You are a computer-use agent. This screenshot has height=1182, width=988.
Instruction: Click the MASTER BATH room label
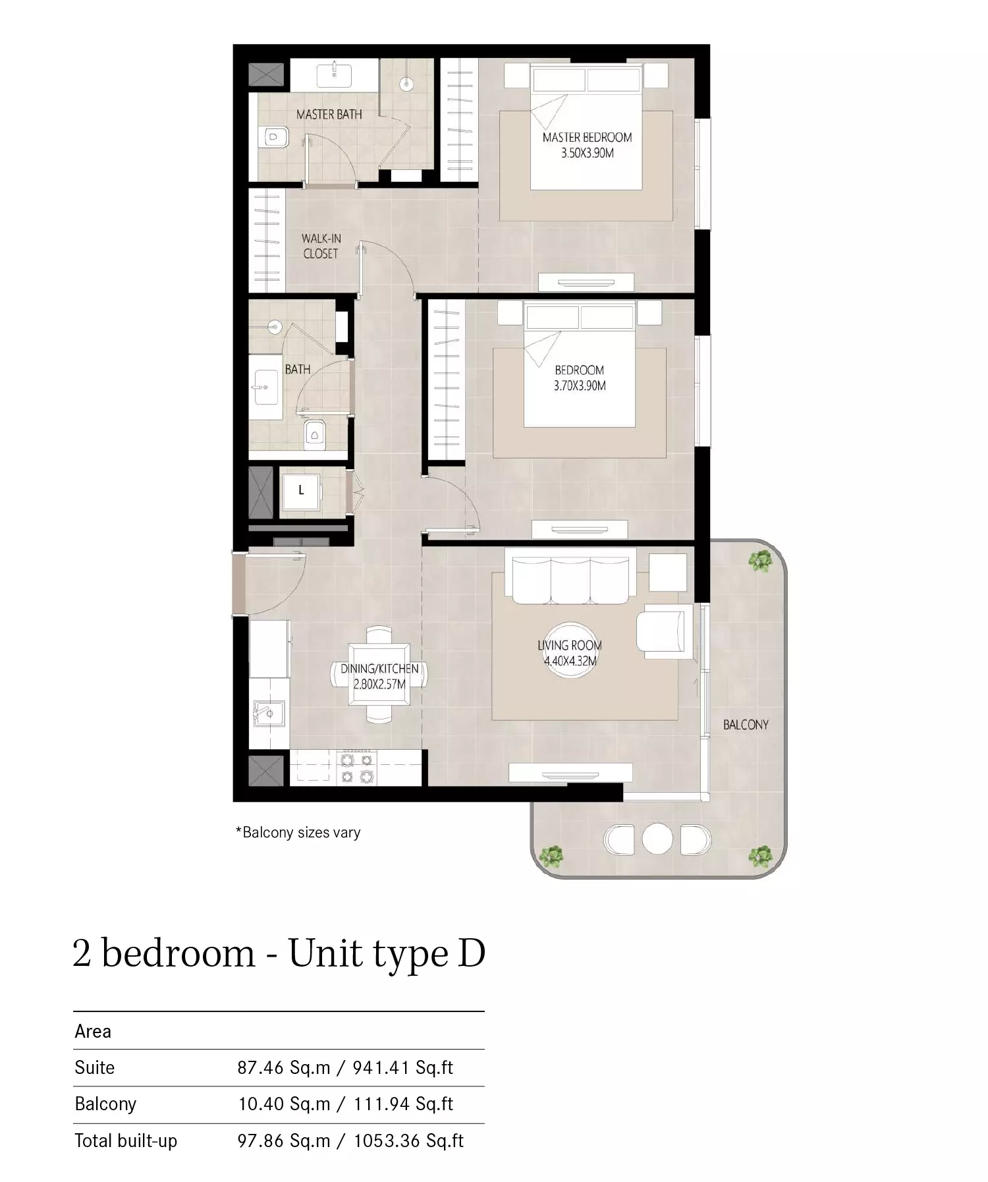[x=329, y=115]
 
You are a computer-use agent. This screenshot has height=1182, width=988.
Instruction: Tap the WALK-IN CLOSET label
[x=321, y=246]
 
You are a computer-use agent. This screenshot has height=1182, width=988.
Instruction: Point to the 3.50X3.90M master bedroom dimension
[x=588, y=153]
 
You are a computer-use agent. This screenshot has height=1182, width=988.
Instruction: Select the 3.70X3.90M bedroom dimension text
[x=580, y=386]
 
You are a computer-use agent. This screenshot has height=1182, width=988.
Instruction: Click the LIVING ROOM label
[x=570, y=646]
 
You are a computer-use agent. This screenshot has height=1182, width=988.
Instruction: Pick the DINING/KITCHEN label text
[x=379, y=669]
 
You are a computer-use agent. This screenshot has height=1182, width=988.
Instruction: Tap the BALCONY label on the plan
[x=746, y=725]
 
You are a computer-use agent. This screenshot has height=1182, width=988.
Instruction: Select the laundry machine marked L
[x=301, y=491]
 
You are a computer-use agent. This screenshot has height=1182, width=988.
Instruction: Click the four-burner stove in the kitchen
[x=356, y=768]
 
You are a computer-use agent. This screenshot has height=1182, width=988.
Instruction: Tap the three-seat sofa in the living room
[x=570, y=576]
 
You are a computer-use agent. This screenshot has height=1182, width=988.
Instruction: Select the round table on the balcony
[x=657, y=839]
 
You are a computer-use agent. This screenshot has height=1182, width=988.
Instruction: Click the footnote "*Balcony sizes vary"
[x=298, y=833]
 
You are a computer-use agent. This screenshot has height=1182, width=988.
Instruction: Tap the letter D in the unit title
[x=471, y=953]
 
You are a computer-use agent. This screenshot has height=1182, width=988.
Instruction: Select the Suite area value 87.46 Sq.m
[x=284, y=1068]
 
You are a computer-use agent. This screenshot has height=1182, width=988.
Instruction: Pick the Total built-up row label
[x=126, y=1141]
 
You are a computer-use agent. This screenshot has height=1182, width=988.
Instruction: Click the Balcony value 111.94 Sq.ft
[x=403, y=1104]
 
